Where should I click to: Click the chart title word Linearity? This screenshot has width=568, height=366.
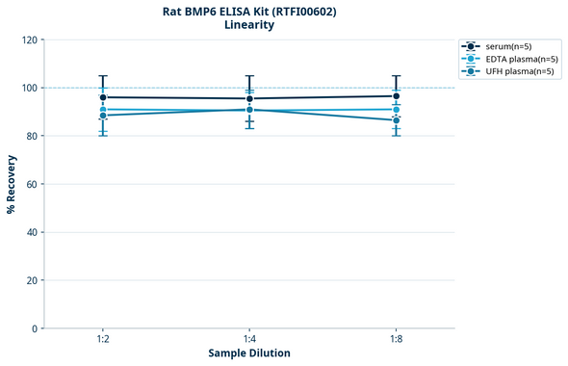(249, 25)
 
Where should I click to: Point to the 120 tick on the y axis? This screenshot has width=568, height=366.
(29, 39)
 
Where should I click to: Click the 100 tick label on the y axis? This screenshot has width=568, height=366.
(29, 88)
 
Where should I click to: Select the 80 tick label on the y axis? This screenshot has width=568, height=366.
(32, 136)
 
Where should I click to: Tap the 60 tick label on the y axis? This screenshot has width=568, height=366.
(32, 184)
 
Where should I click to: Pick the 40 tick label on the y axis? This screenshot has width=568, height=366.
(32, 232)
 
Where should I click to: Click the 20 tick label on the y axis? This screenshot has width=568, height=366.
(32, 280)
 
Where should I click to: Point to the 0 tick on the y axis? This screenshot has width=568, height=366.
(35, 328)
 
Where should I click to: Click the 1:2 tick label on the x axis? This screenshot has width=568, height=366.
(103, 340)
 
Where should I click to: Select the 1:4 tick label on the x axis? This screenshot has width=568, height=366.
(249, 340)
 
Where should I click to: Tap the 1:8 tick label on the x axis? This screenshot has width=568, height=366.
(396, 340)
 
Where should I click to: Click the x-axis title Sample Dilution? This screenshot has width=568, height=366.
(249, 353)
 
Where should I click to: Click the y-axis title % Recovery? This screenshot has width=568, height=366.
(12, 184)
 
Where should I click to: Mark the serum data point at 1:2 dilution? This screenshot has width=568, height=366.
(103, 97)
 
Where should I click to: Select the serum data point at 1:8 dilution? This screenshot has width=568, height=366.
(396, 96)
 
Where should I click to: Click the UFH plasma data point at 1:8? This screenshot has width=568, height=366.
(396, 120)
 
